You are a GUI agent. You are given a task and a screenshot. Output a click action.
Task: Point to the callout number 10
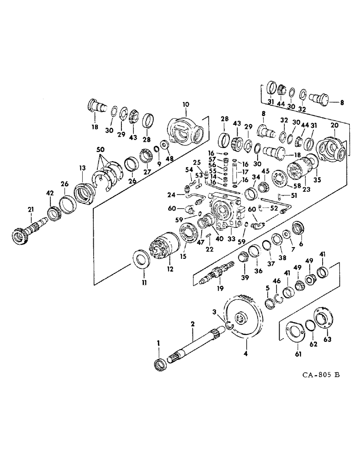click(x=185, y=105)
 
